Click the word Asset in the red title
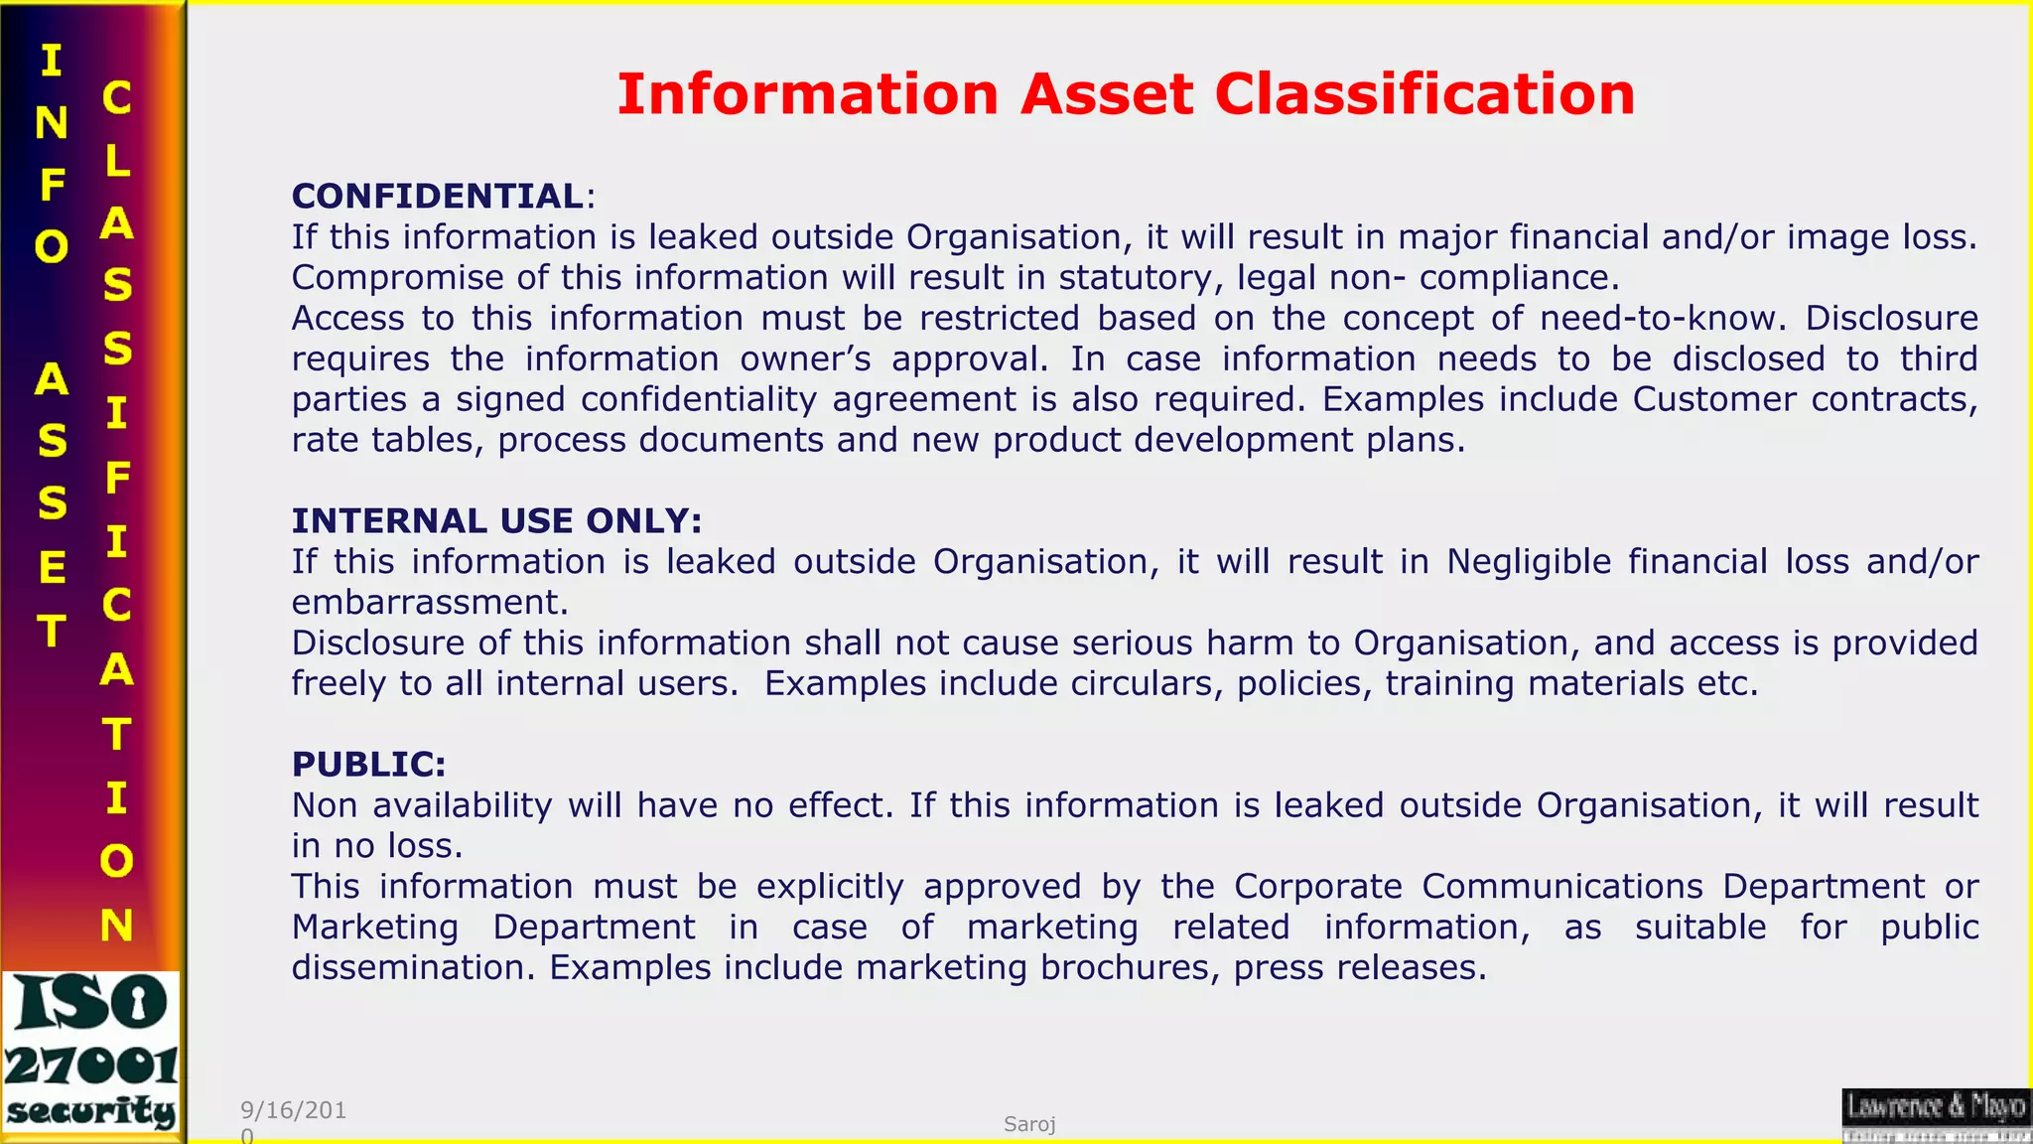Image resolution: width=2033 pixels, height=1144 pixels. tap(1107, 94)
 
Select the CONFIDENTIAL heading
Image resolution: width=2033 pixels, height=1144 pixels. tap(438, 196)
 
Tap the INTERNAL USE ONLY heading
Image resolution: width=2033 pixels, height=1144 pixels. tap(496, 520)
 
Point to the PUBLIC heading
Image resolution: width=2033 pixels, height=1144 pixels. tap(368, 764)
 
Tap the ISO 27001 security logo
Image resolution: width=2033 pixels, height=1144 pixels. tap(91, 1052)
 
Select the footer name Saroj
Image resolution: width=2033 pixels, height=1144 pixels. tap(1029, 1124)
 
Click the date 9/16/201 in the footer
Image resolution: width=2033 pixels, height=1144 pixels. tap(293, 1110)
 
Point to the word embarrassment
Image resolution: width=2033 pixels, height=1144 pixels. tap(429, 602)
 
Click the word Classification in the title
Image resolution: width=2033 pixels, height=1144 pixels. tap(1424, 94)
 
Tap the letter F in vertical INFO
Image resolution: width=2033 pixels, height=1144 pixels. tap(53, 185)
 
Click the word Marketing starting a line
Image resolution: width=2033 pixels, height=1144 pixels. tap(375, 927)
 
